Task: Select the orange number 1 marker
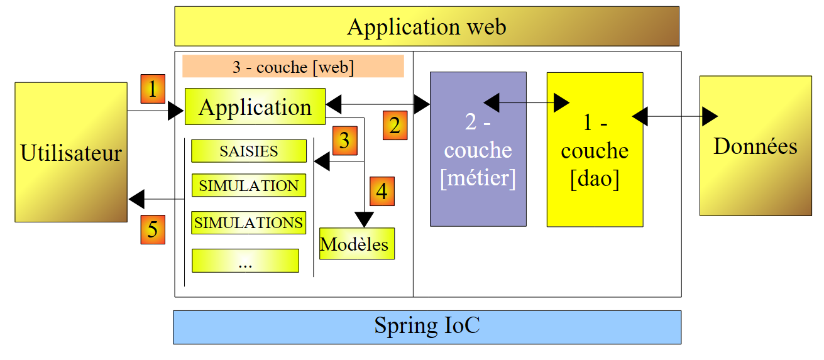(x=153, y=89)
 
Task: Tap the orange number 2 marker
(x=395, y=126)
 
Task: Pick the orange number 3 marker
(x=344, y=141)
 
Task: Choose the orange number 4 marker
(x=382, y=192)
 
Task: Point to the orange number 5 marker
(x=153, y=229)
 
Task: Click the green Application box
(x=255, y=107)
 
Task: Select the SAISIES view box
(x=249, y=151)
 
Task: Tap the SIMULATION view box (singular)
(x=249, y=186)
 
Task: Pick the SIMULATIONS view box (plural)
(x=249, y=223)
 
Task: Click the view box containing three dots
(x=245, y=261)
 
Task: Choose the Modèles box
(x=356, y=244)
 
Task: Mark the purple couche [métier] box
(x=478, y=149)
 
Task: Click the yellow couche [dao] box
(x=595, y=149)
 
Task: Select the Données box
(x=755, y=146)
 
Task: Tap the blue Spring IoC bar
(x=427, y=327)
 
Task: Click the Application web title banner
(x=427, y=26)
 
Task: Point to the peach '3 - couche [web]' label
(x=293, y=67)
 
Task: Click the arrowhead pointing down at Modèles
(x=365, y=220)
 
